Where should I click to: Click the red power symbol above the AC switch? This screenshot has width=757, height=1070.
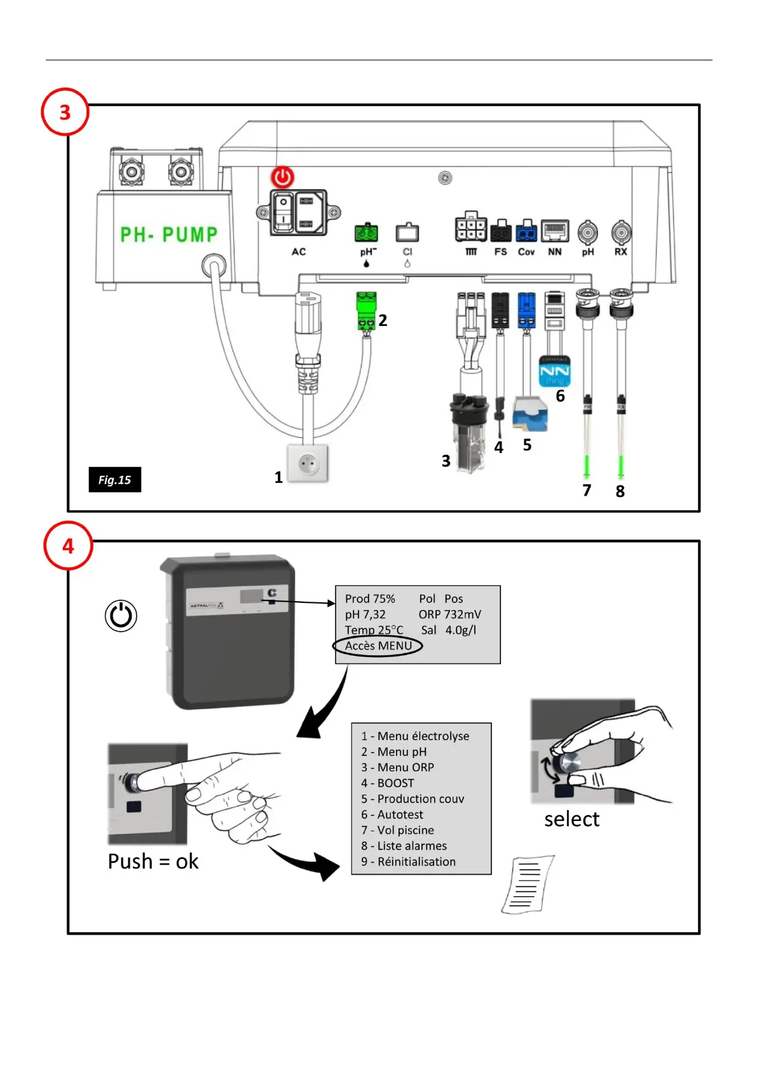pos(283,177)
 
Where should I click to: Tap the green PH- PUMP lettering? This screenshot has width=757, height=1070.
pos(169,234)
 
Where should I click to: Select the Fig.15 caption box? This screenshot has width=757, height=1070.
pos(114,480)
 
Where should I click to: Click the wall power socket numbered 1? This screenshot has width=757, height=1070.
pos(309,464)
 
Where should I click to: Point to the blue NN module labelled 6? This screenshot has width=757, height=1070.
pos(554,372)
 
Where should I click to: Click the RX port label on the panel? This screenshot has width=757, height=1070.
pos(620,252)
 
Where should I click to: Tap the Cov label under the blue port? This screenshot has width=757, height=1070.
pos(526,252)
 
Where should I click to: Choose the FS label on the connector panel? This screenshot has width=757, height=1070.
pos(501,252)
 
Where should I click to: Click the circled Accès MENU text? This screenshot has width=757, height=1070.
pos(378,646)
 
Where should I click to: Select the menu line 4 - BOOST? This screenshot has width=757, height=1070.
pos(388,783)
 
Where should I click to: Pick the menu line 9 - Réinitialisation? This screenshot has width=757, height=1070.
pos(409,862)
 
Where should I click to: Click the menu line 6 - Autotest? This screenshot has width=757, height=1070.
pos(392,815)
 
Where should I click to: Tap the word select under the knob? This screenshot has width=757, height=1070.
pos(571,820)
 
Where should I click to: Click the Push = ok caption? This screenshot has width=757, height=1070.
pos(153,862)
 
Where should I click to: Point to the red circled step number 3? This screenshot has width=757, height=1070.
pos(65,112)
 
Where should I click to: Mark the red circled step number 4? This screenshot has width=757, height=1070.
pos(68,546)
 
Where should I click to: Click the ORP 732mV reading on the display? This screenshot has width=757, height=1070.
pos(449,614)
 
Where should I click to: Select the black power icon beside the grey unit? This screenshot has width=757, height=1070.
pos(121,616)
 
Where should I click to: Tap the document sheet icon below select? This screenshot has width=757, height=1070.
pos(527,884)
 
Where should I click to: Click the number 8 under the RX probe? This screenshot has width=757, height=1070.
pos(620,491)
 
